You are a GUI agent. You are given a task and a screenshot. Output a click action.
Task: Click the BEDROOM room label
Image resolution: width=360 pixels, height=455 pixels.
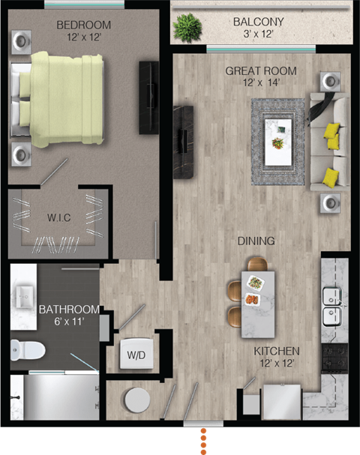pos(83,25)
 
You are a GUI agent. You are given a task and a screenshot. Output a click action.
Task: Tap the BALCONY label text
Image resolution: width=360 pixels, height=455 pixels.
pos(257,22)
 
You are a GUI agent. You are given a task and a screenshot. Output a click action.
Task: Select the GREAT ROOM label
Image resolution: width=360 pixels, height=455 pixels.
pos(261,71)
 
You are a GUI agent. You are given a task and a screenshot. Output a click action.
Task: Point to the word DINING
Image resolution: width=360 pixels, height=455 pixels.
pos(256,241)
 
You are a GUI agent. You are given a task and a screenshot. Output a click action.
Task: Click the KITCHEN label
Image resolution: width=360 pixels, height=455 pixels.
pos(277,351)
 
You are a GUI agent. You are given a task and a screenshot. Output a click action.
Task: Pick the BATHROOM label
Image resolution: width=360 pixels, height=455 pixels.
pos(69,310)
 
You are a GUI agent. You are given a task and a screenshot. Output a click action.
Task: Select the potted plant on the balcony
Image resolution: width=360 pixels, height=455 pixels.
pos(187,27)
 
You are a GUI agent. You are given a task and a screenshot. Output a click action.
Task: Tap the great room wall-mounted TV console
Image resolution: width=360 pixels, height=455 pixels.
pos(183,141)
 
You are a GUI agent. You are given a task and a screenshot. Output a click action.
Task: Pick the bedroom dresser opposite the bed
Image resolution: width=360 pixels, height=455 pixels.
pos(148,97)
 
